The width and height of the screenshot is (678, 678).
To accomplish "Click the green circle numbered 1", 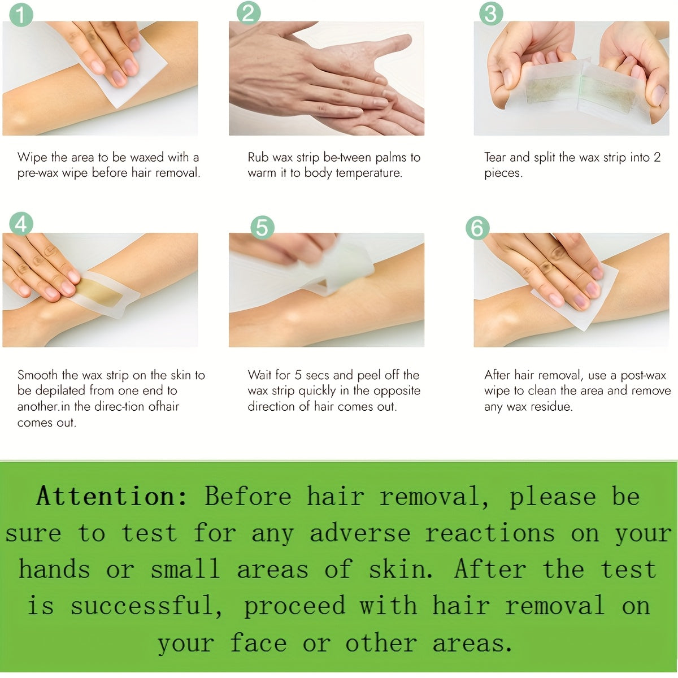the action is (21, 15).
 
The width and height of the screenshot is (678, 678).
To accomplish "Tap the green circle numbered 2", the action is (249, 12).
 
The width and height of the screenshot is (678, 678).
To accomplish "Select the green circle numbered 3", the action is (491, 14).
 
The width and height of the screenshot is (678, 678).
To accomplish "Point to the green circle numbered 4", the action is (21, 224).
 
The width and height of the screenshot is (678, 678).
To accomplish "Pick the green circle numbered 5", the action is (262, 227).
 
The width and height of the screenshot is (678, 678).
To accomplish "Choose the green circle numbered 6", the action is (477, 228).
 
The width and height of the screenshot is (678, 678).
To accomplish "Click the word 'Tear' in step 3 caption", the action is (495, 157).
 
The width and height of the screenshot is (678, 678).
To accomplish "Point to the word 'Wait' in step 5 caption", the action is (259, 375).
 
